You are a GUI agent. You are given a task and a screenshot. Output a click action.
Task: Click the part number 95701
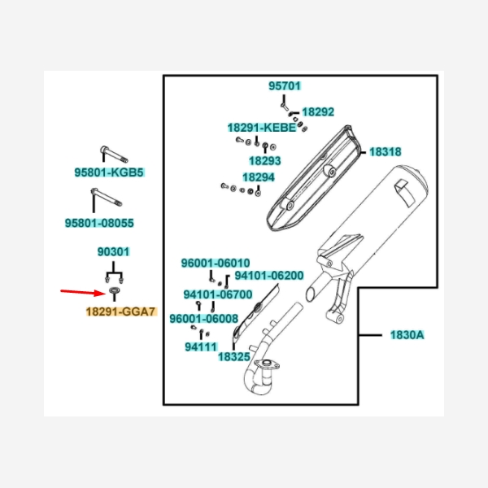coord(285,85)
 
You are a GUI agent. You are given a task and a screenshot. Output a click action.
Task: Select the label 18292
coord(318,111)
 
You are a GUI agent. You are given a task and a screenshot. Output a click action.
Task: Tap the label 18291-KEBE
coord(261,128)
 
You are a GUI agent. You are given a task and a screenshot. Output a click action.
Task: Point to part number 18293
coord(264,161)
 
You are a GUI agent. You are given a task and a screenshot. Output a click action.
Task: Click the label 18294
coord(258,176)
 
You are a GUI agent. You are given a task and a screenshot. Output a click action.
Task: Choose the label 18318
coord(385,151)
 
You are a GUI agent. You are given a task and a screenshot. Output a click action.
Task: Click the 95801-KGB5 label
coord(109,172)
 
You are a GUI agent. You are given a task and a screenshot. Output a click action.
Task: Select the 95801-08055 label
coord(99,222)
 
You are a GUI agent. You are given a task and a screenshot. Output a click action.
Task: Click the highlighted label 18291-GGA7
coord(120,311)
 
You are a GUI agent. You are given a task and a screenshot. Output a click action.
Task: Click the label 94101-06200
coord(268,276)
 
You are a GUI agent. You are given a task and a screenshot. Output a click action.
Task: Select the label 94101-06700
coord(217,294)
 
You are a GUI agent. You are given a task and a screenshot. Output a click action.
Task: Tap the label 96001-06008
coord(203,319)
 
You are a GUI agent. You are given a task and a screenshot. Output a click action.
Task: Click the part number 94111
coord(200,346)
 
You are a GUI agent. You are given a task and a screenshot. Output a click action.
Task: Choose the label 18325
coord(233,356)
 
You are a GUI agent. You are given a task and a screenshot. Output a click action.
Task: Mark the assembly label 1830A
coord(407,334)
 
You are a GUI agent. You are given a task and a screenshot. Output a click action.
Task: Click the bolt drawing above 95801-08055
coord(103,201)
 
